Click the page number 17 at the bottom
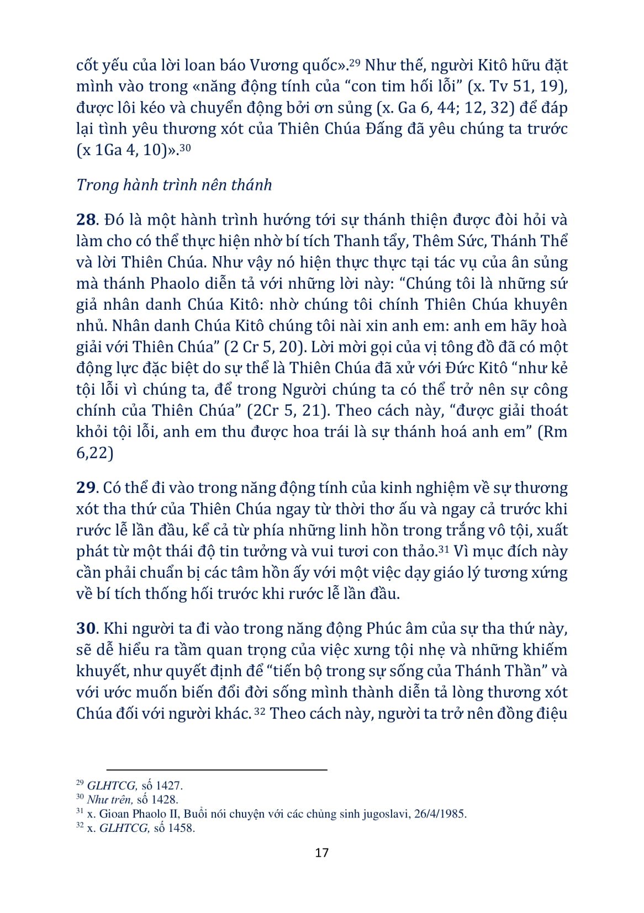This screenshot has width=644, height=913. click(x=321, y=852)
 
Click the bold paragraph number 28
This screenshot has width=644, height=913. click(x=86, y=220)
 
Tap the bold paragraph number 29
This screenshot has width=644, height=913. click(x=86, y=488)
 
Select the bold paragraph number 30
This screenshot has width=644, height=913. click(x=87, y=628)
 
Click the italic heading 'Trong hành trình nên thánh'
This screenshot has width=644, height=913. click(x=174, y=184)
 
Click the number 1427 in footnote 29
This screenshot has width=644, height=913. click(x=169, y=785)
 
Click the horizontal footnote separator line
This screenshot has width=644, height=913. click(x=217, y=769)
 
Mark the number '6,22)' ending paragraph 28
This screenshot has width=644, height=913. click(x=94, y=453)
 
